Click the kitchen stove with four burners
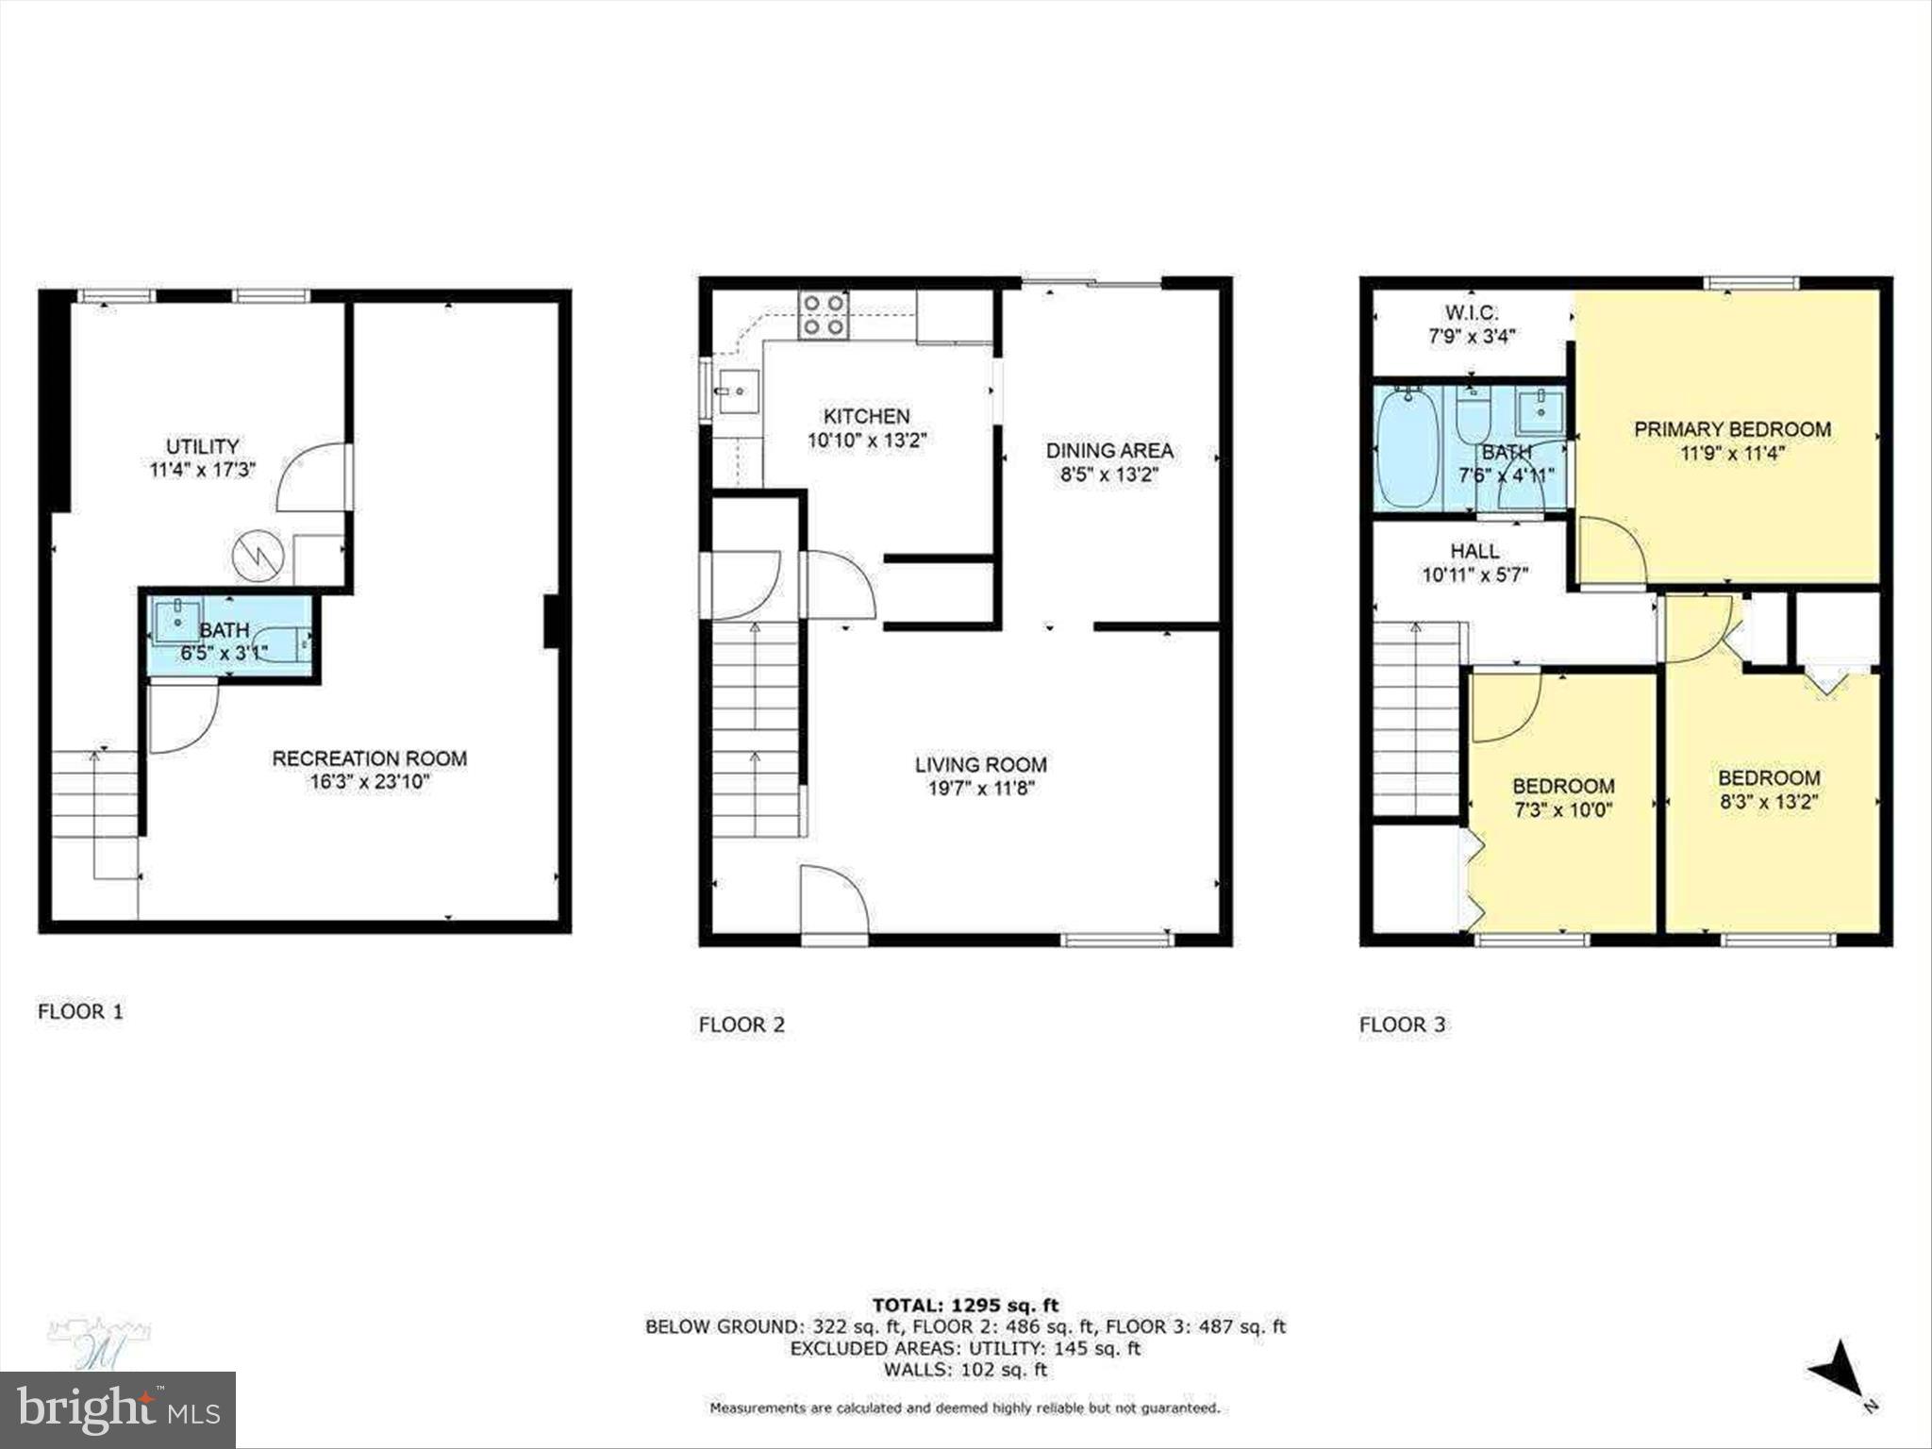pyautogui.click(x=824, y=315)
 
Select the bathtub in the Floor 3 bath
pyautogui.click(x=1407, y=449)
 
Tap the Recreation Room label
pyautogui.click(x=369, y=758)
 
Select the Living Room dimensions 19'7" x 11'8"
pyautogui.click(x=980, y=789)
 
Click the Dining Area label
pyautogui.click(x=1108, y=451)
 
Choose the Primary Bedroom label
pyautogui.click(x=1732, y=429)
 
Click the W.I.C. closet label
pyautogui.click(x=1471, y=312)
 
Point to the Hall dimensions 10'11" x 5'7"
pyautogui.click(x=1474, y=575)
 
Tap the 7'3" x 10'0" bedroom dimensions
pyautogui.click(x=1563, y=809)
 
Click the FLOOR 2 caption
pyautogui.click(x=741, y=1024)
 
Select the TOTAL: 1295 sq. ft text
pyautogui.click(x=965, y=1306)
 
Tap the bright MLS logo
pyautogui.click(x=118, y=1409)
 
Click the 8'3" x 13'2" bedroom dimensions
pyautogui.click(x=1768, y=802)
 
